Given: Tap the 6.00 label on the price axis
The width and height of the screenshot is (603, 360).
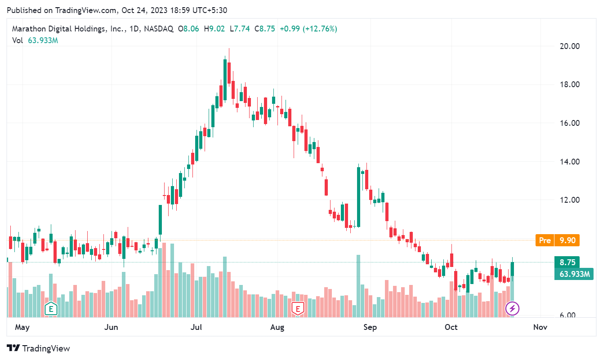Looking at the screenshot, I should tap(566, 316).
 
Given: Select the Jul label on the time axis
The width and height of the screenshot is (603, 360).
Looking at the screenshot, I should tap(196, 327).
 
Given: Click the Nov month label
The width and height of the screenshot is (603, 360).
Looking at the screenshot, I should tap(540, 327).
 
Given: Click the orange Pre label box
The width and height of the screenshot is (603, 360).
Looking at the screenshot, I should tap(545, 240).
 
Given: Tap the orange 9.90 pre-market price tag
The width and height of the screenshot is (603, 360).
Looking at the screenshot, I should tap(567, 240).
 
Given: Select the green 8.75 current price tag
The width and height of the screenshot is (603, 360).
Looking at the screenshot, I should tap(567, 262).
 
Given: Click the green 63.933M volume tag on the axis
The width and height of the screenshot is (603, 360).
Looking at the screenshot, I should tap(574, 274).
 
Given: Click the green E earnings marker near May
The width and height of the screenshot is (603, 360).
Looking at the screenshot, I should tap(51, 309).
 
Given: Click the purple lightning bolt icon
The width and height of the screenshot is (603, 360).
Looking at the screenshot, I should tap(513, 308).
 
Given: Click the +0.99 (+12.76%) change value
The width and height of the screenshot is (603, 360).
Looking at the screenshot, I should tap(308, 29).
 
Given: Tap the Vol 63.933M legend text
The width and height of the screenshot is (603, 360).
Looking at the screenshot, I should tap(35, 40).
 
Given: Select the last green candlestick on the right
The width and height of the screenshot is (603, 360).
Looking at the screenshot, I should tap(513, 269).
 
